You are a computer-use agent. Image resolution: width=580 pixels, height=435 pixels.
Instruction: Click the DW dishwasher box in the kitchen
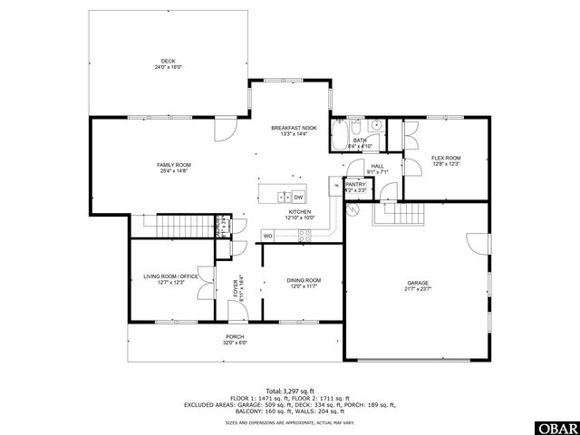click(x=298, y=196)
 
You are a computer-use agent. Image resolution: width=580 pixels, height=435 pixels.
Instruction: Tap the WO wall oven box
click(x=268, y=236)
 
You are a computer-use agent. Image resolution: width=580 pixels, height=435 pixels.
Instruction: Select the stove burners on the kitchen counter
click(x=305, y=236)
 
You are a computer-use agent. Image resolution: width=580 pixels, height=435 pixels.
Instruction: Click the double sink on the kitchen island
click(x=284, y=196)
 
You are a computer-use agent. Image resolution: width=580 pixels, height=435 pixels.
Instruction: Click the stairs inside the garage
click(x=401, y=215)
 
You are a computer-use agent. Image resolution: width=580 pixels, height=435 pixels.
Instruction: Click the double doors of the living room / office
click(x=208, y=279)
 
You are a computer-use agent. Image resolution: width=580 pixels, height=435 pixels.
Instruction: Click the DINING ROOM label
click(x=304, y=281)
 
